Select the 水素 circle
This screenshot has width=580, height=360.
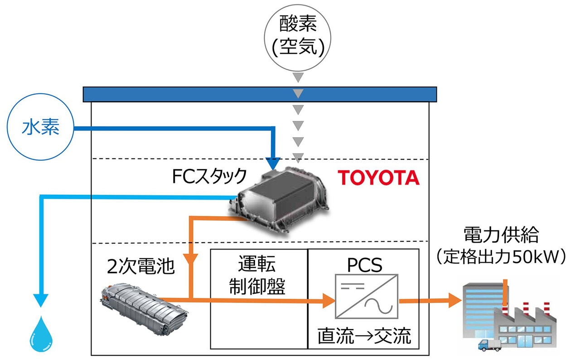point(41,129)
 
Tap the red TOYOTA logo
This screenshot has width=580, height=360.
point(379,178)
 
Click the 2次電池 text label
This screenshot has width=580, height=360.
point(139,266)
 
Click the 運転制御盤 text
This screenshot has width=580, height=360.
point(257,276)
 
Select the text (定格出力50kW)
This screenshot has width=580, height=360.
point(501,257)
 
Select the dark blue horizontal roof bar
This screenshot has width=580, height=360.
point(260,94)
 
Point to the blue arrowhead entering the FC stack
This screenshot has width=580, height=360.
point(273,164)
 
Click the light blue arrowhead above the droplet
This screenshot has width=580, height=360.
point(41,300)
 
